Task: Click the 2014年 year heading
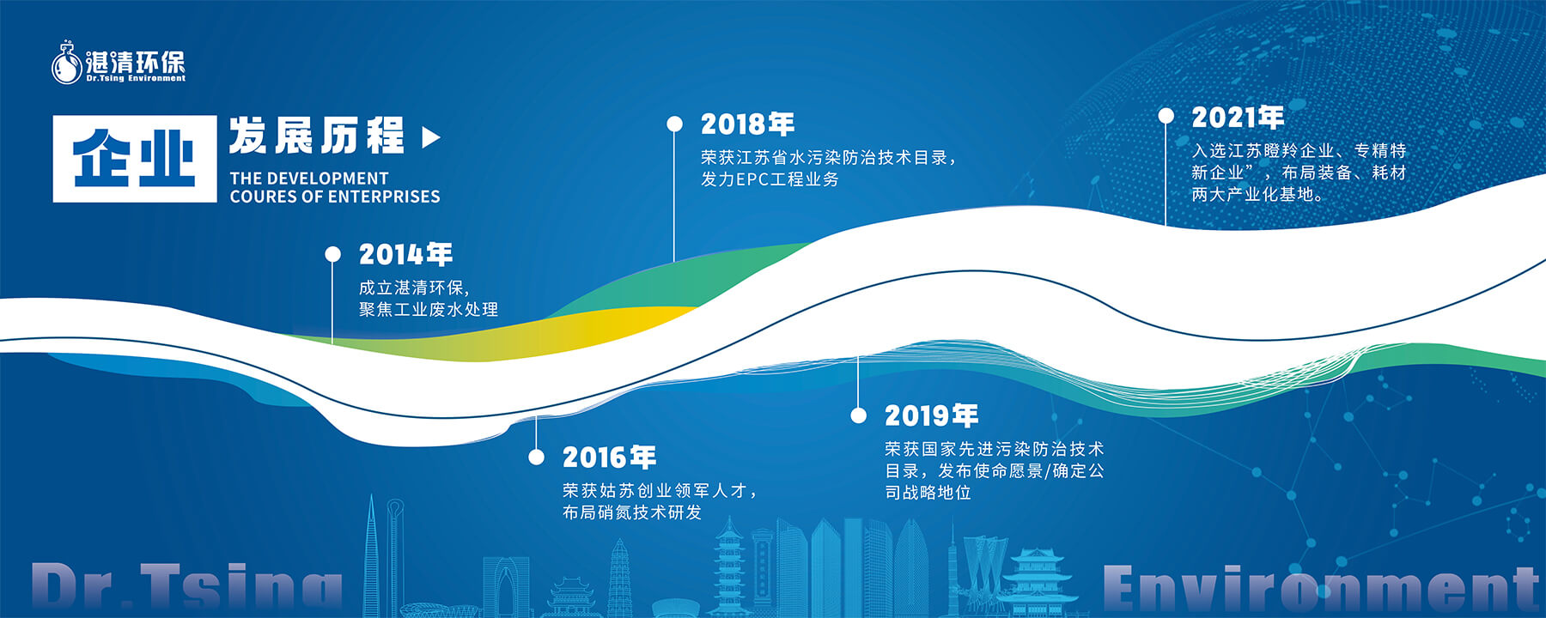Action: coord(405,254)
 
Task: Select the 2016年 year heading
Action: coord(609,457)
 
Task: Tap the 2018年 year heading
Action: coord(747,124)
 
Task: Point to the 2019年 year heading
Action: coord(932,415)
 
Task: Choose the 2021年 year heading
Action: coord(1238,117)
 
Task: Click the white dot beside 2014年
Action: coord(333,254)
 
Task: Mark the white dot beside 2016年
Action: coord(537,457)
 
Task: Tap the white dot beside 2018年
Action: coord(675,124)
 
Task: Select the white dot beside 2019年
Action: coord(858,415)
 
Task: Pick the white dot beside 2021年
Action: coord(1166,116)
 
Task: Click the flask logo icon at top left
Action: coord(66,63)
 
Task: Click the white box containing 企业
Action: coord(135,159)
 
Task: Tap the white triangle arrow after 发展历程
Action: coord(431,137)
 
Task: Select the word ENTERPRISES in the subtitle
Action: coord(384,197)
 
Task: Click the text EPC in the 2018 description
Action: coord(752,179)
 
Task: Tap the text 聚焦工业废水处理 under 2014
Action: coord(429,309)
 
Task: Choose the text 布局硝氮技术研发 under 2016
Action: coord(632,512)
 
